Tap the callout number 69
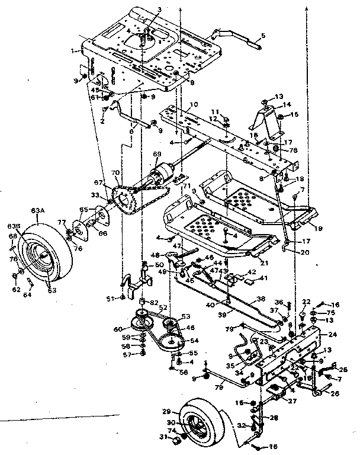click(x=157, y=155)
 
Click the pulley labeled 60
click(x=141, y=323)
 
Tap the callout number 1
click(x=74, y=52)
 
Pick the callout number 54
click(x=194, y=342)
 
